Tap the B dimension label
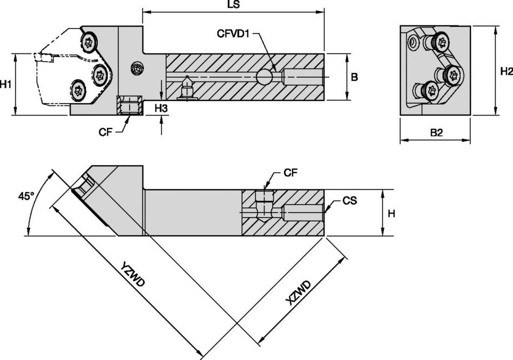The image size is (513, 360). tap(354, 77)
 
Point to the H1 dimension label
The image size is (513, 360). tap(6, 84)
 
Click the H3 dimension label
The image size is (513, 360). tap(161, 108)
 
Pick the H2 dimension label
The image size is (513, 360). tap(505, 71)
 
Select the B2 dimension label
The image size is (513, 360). tap(436, 133)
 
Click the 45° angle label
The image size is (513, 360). tap(26, 196)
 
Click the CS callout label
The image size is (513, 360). tap(349, 200)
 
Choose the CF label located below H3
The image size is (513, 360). tap(106, 131)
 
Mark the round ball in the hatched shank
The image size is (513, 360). tap(265, 78)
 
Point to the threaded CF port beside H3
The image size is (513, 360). tap(129, 105)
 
